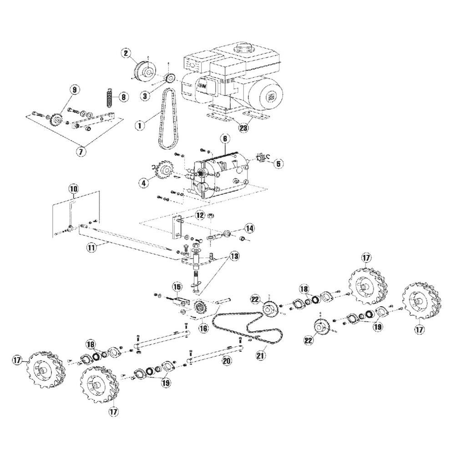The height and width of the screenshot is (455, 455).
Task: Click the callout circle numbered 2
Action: tap(126, 53)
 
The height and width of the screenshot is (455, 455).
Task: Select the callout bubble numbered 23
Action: tap(243, 127)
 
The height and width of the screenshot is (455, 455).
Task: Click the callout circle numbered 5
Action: tap(278, 164)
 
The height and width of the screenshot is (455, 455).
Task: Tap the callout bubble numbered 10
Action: tap(74, 189)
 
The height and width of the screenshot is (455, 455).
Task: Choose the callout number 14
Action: tap(249, 229)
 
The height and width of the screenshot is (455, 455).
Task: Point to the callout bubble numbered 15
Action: tap(177, 287)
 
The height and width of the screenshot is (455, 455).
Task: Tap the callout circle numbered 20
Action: tap(227, 360)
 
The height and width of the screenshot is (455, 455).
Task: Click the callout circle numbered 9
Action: tap(75, 90)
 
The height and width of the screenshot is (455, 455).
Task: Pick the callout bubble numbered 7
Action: tap(81, 151)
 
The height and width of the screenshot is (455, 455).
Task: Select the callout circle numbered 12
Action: tap(200, 215)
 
